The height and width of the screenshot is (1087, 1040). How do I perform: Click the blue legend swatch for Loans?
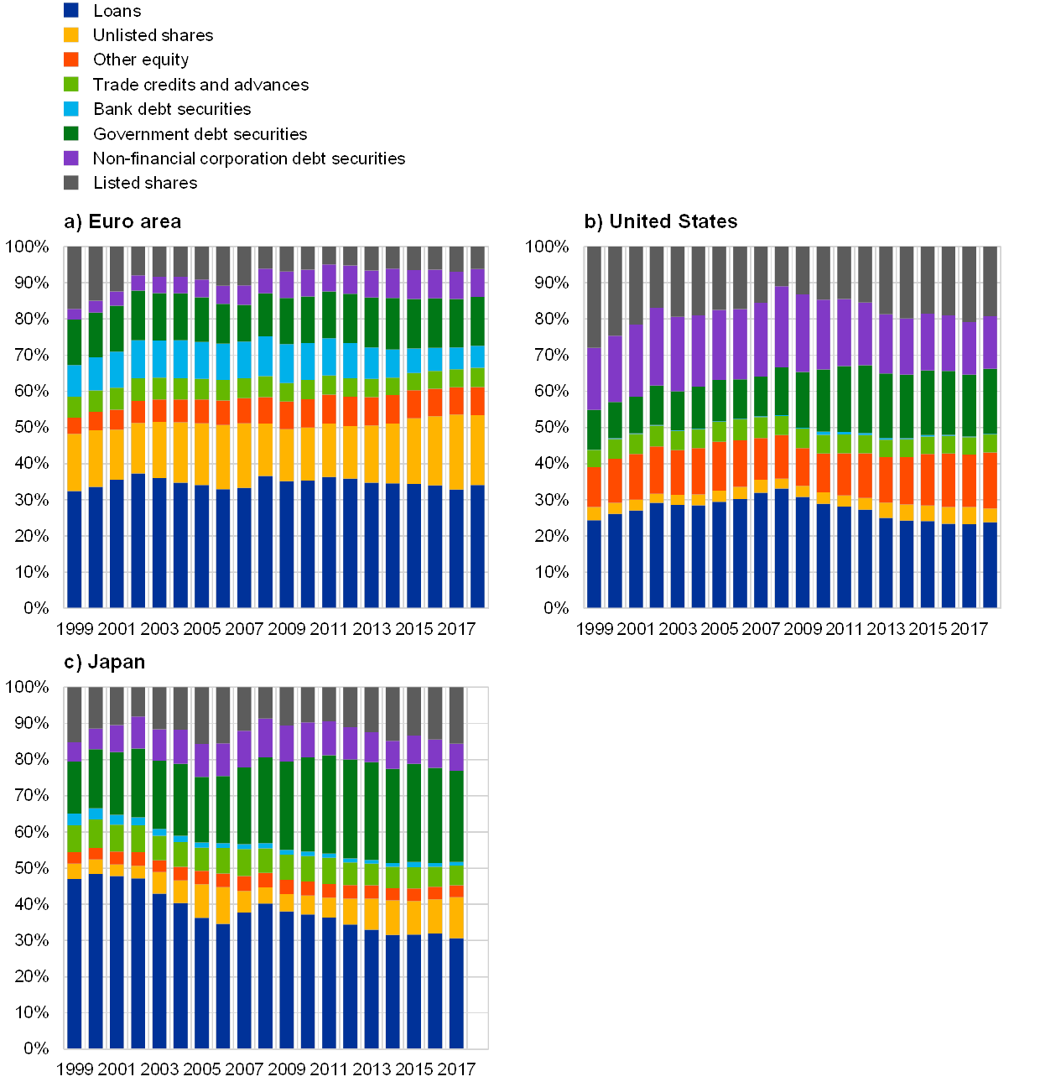(x=71, y=11)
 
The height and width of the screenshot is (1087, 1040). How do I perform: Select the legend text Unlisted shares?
(x=153, y=35)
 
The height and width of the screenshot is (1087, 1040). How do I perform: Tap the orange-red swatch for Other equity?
(x=71, y=60)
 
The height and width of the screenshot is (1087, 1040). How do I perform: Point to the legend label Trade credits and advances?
(x=200, y=85)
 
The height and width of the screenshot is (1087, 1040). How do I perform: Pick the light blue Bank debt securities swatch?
(x=71, y=109)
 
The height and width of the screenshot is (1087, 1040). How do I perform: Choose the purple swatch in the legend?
(x=71, y=158)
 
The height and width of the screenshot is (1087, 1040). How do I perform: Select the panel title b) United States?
(x=662, y=221)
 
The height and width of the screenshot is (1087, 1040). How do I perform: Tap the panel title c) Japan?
(x=105, y=662)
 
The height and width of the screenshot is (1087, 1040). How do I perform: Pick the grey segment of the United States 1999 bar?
(x=595, y=298)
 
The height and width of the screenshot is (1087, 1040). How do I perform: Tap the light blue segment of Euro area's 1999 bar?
(x=74, y=381)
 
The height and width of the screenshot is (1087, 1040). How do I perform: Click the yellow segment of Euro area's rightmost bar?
(x=478, y=450)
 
